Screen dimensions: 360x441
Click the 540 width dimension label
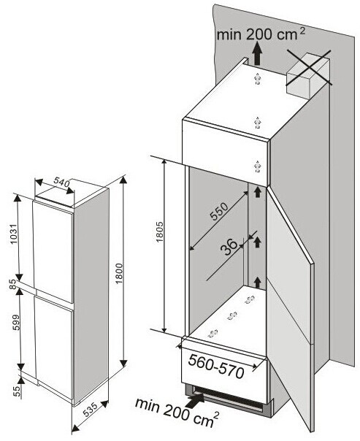click(x=61, y=183)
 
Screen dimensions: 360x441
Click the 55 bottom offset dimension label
click(x=18, y=391)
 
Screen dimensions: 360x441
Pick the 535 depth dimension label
click(x=91, y=409)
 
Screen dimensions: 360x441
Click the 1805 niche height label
click(x=159, y=232)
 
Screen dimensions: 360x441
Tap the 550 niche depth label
click(x=219, y=212)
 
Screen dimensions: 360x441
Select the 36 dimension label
click(x=229, y=247)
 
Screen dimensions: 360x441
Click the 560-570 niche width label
click(x=216, y=366)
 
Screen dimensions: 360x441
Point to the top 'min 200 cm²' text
click(x=261, y=34)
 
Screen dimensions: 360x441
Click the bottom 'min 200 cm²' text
click(x=177, y=413)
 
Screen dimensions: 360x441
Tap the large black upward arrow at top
click(x=256, y=55)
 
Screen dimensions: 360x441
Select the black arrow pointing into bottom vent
click(x=195, y=399)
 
